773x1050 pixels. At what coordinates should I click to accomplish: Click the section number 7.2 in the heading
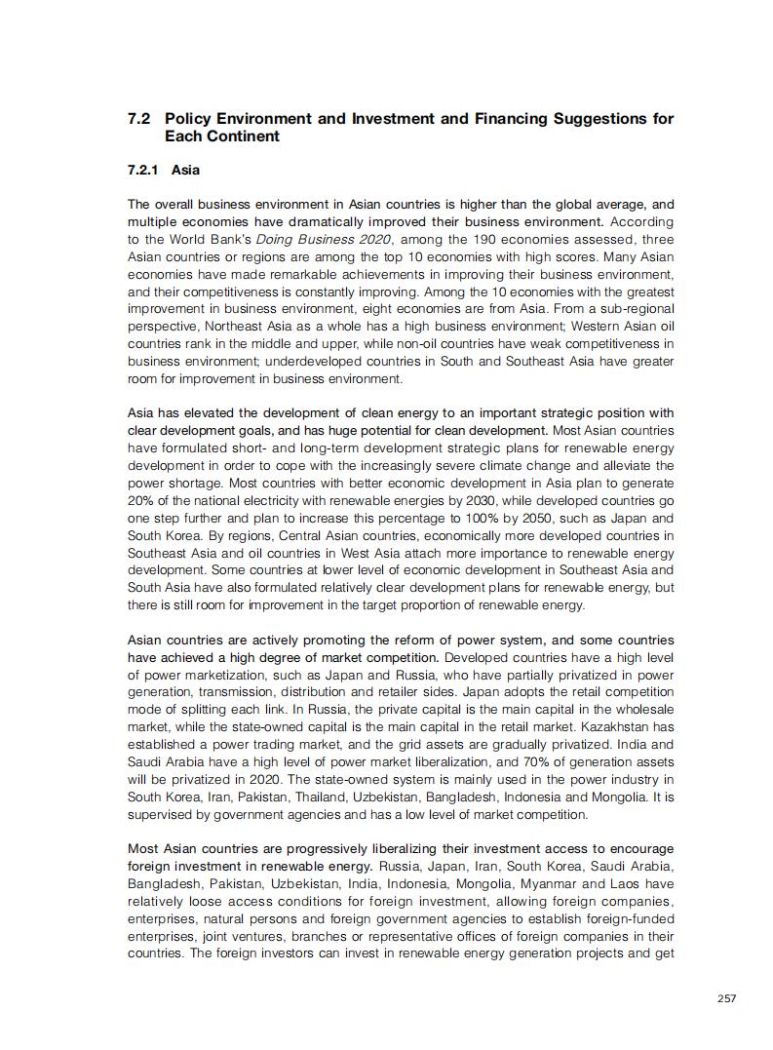pos(138,119)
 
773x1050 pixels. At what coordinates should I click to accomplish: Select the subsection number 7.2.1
pos(144,170)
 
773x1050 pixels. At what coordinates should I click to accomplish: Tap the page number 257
pos(725,998)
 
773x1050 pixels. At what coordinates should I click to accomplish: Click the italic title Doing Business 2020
pos(334,239)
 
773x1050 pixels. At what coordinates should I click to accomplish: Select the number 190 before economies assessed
pos(518,239)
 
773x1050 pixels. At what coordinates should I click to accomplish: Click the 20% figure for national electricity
pos(140,501)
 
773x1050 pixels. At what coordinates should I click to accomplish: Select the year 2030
pos(460,501)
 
